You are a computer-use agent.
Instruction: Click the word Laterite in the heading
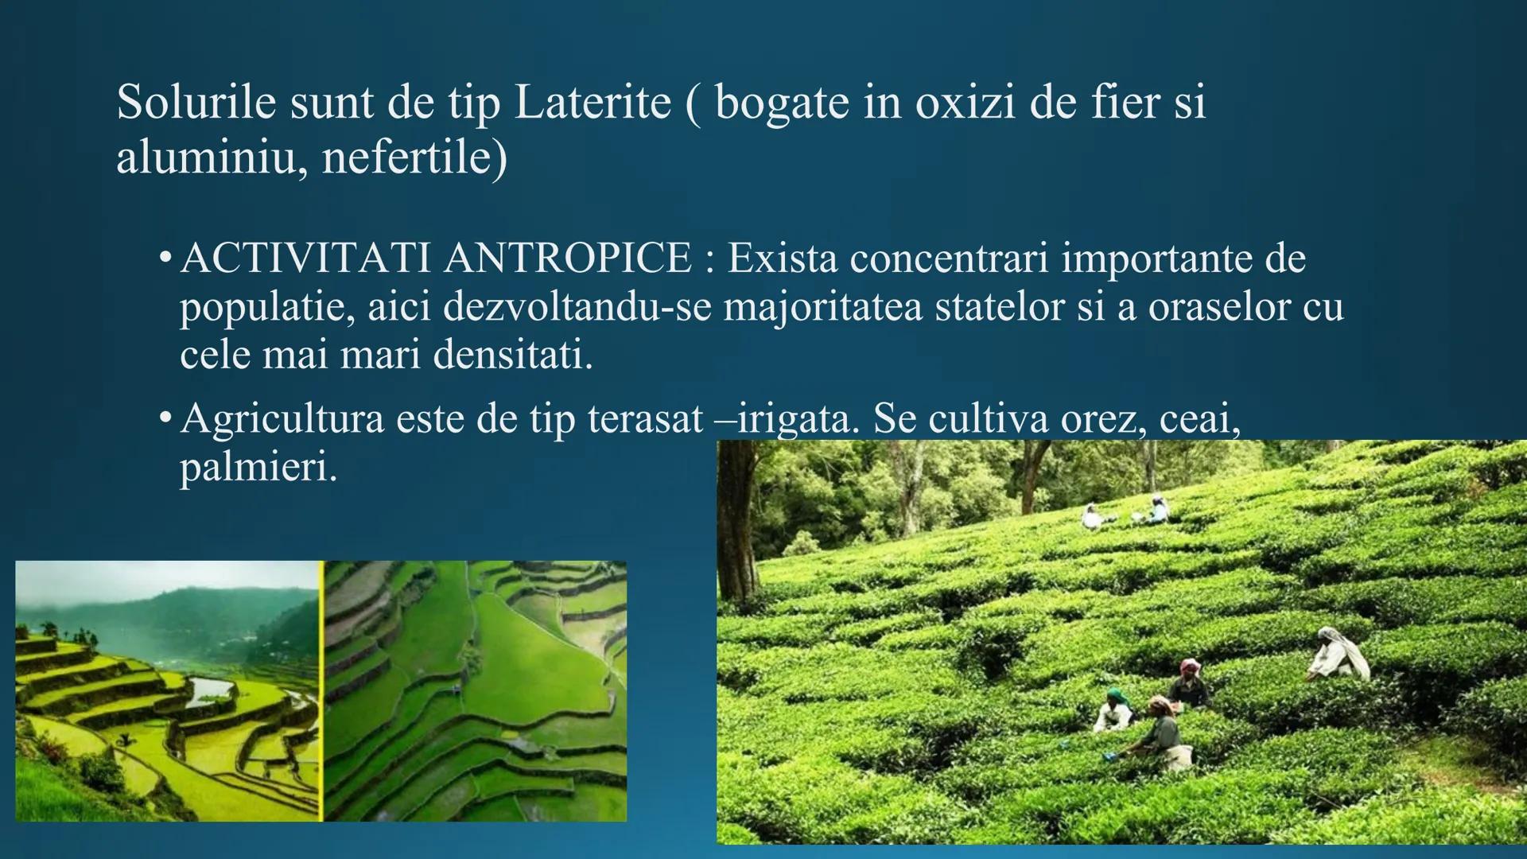point(593,103)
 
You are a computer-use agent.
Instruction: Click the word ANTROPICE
point(568,259)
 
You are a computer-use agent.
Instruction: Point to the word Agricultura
point(282,419)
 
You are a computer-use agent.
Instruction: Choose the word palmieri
point(258,468)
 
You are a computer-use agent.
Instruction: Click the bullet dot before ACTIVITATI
point(165,261)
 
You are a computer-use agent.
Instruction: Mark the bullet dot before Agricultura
point(165,420)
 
